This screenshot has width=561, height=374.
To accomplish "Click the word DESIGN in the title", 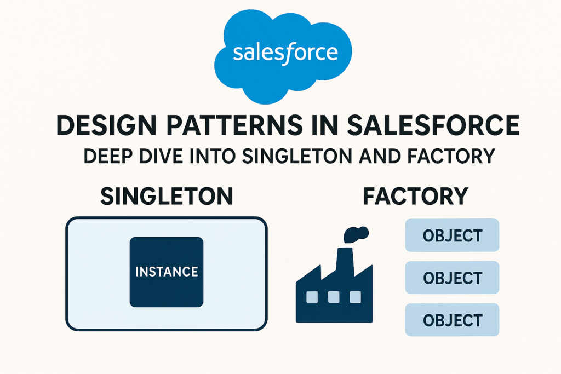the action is click(x=107, y=125).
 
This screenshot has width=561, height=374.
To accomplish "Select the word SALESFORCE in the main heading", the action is click(x=433, y=125).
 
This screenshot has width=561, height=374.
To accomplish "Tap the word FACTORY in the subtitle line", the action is click(x=446, y=156).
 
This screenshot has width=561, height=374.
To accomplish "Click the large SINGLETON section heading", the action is click(x=167, y=196).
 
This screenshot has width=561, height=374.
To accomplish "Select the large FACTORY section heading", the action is click(x=416, y=196).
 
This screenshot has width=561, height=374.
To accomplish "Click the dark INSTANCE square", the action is click(x=167, y=272).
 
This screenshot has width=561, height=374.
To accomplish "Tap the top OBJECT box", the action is click(x=452, y=235).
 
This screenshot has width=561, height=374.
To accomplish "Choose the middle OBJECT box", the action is click(x=452, y=278).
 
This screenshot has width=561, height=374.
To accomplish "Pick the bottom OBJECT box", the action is click(x=452, y=320).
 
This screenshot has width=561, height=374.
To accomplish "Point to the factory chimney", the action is click(x=345, y=263).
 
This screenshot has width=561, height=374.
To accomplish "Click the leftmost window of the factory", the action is click(x=312, y=297).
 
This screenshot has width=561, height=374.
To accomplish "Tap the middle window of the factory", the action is click(x=334, y=297).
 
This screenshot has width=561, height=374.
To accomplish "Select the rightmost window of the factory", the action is click(x=355, y=297).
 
